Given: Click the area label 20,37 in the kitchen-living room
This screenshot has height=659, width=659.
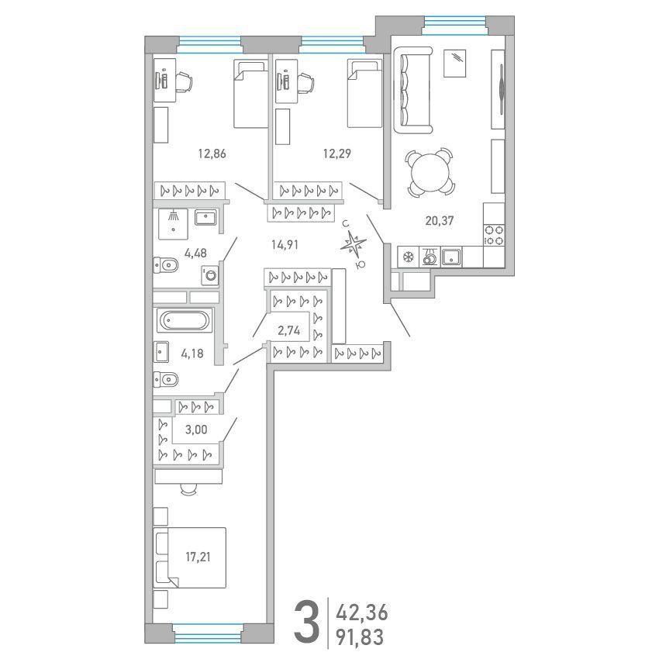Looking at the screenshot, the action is point(439,221).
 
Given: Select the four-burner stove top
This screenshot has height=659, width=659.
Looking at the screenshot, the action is point(494,236).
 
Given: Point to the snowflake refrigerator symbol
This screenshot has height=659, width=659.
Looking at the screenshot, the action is point(408,257).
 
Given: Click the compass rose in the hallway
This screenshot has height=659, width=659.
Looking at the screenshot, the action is point(354,243).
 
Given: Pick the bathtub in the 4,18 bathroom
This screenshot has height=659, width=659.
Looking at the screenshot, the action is point(185,321).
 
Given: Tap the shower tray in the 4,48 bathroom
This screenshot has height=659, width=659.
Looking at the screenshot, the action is point(173,224).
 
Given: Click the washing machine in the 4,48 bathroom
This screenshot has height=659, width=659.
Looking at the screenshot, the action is point(210,275).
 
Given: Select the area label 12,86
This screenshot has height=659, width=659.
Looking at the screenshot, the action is point(212,154).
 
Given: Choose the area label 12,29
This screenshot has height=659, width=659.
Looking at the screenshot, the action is point(337,154).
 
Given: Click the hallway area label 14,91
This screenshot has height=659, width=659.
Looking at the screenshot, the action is point(285,244).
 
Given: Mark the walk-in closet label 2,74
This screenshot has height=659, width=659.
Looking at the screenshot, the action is point(289,331).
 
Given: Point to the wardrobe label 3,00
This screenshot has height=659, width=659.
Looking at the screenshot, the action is point(196,430).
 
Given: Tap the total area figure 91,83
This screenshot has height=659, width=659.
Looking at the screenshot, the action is point(360,637).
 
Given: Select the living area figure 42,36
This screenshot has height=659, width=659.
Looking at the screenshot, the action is point(361,613).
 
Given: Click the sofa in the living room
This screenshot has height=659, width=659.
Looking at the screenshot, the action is point(412,91).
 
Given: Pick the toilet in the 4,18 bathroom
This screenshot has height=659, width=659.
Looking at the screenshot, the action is point(166,380).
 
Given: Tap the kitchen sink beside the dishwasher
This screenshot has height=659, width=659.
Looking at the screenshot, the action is point(451,257).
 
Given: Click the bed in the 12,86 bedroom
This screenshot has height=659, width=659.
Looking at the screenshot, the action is point(250,94).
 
